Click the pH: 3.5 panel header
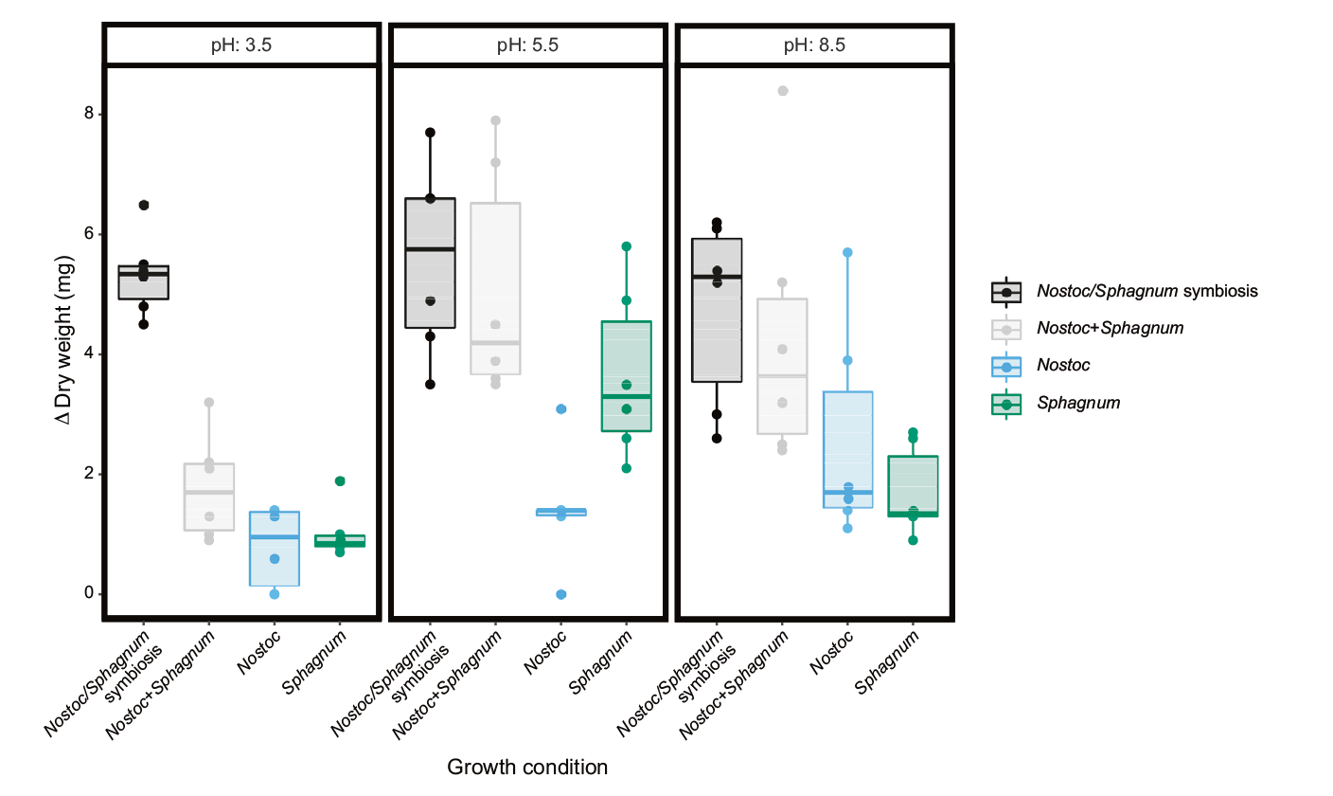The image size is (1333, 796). coord(242,45)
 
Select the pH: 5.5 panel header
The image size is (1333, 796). coord(528,45)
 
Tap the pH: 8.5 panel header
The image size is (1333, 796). coord(814,45)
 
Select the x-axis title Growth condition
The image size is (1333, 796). coord(527,767)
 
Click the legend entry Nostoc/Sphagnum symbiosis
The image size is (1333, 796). coord(1146,291)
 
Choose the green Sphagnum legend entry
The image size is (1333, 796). coord(1078,404)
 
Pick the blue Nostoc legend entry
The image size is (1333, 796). coord(1062,366)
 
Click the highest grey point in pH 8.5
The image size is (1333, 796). coord(783,91)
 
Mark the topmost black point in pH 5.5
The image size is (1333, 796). coord(430,133)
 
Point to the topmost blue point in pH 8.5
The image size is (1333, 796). coord(848,252)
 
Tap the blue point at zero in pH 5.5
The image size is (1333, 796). coord(561,594)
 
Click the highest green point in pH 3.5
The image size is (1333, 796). coord(340,481)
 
